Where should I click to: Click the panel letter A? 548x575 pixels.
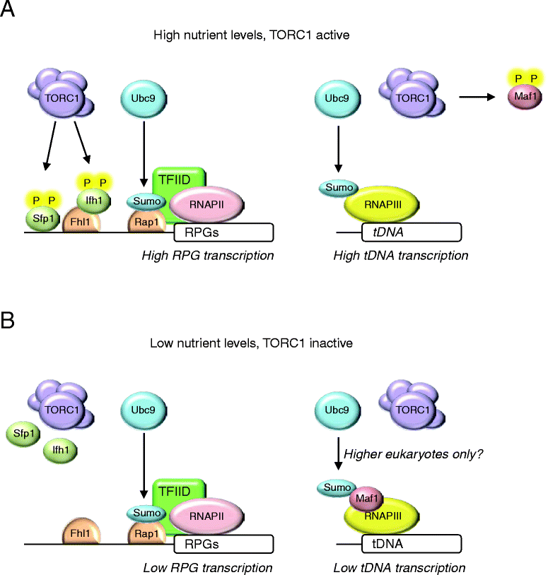tap(7, 8)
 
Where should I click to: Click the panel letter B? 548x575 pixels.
tap(7, 320)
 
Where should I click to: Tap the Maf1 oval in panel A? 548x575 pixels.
tap(525, 97)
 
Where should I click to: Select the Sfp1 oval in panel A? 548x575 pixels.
tap(42, 219)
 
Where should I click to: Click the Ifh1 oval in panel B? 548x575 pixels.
tap(60, 451)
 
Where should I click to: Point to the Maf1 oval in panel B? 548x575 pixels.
tap(366, 499)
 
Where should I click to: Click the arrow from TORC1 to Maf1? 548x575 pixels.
tap(477, 97)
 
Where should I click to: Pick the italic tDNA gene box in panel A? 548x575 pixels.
tap(412, 232)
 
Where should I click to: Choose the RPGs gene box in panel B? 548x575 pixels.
tap(223, 544)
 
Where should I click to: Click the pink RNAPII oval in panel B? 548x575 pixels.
tap(206, 516)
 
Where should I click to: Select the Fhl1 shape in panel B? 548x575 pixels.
tap(81, 531)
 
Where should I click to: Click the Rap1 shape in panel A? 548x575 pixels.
tap(147, 221)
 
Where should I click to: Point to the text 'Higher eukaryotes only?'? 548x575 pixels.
tap(413, 454)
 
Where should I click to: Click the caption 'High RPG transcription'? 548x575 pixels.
tap(208, 256)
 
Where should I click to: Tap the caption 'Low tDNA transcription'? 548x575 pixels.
tap(400, 568)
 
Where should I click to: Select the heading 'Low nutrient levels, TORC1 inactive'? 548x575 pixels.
tap(252, 343)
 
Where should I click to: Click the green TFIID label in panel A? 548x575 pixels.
tap(175, 179)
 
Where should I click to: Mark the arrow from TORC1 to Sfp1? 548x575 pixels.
tap(50, 146)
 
